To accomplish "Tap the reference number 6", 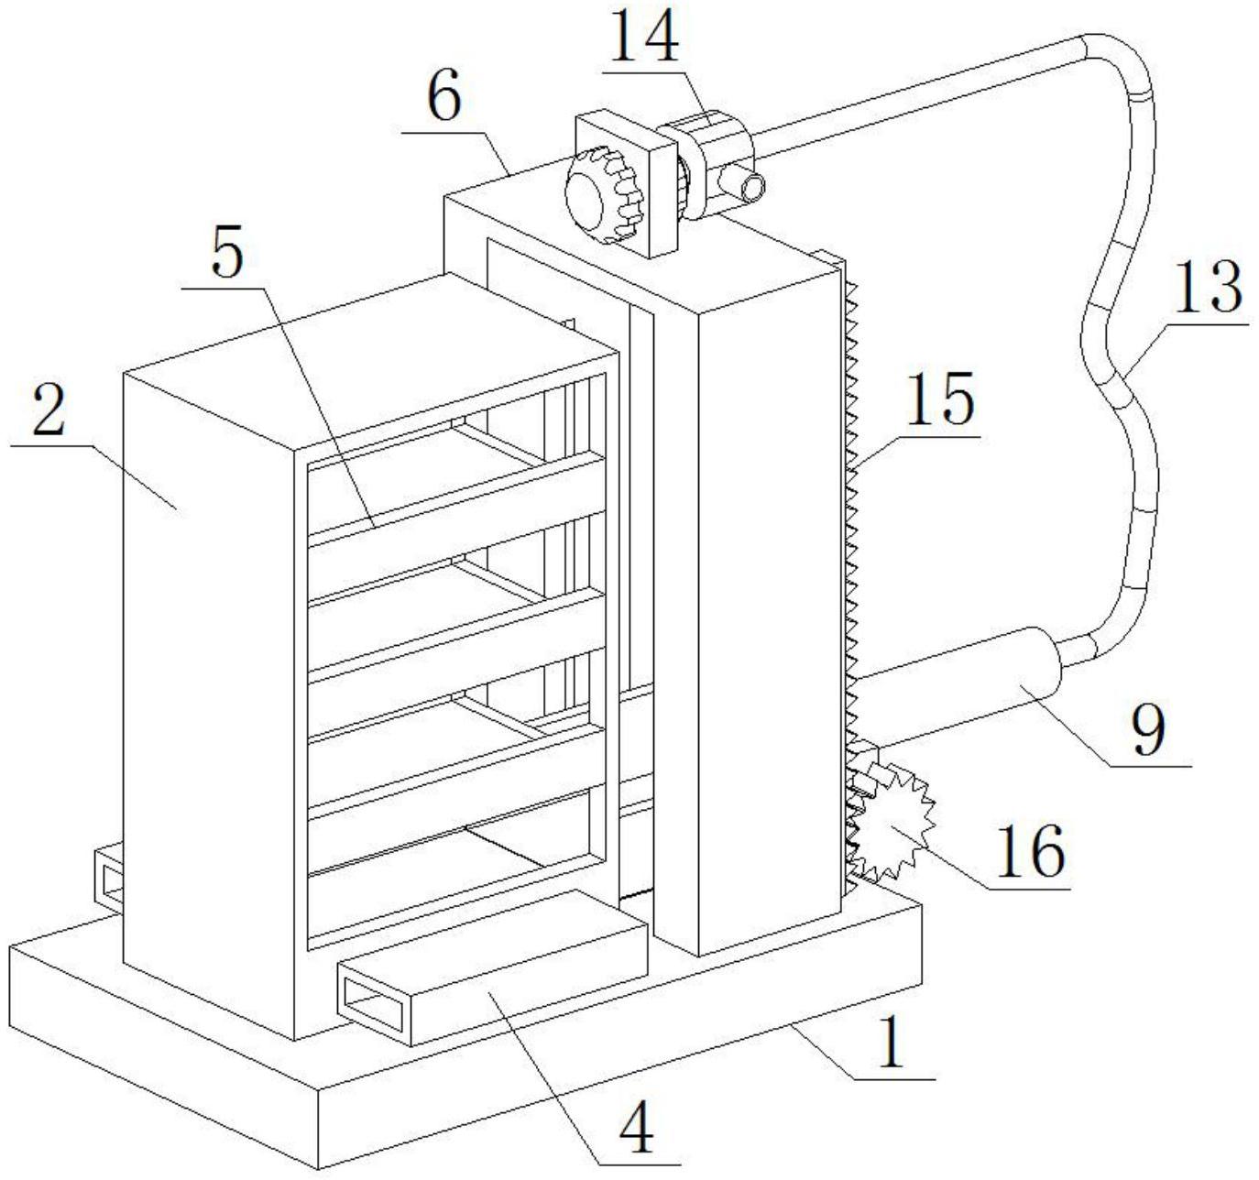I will [x=445, y=100].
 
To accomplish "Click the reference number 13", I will [x=1211, y=287].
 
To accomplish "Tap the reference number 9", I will [x=1149, y=729].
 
